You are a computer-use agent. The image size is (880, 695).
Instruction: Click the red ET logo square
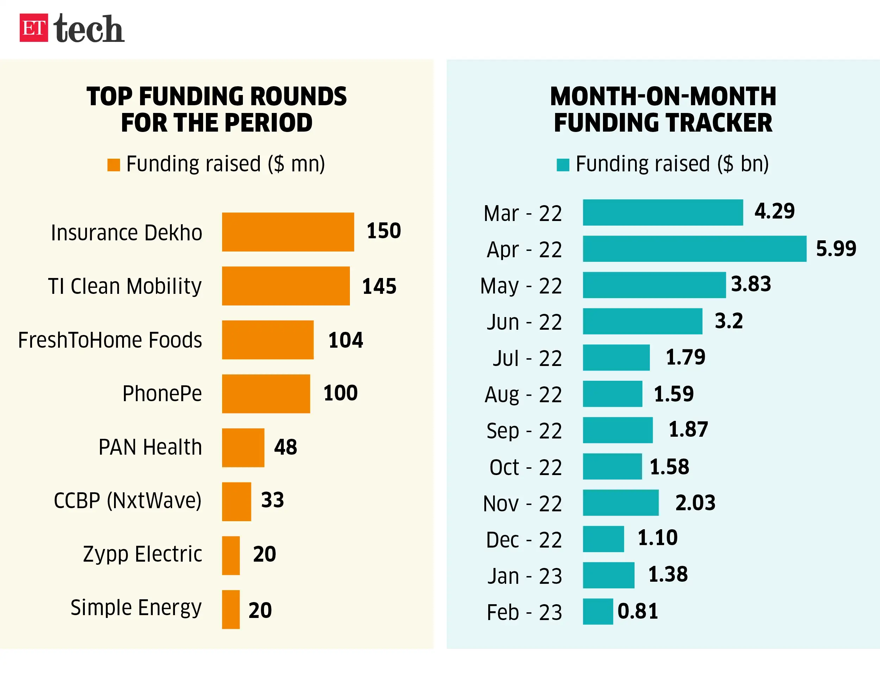34,28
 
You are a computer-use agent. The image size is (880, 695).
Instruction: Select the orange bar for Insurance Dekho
288,232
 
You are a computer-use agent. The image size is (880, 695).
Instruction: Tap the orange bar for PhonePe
266,393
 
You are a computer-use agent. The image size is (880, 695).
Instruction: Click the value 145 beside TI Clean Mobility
379,286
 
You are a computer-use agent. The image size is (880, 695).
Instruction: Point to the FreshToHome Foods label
110,340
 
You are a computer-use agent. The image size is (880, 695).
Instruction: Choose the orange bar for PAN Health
243,448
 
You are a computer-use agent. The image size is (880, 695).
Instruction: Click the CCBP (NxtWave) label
127,500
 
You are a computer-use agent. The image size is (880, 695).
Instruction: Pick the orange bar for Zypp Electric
231,555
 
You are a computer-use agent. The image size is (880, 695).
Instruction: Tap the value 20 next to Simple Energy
260,610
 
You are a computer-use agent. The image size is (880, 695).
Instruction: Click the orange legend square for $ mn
114,165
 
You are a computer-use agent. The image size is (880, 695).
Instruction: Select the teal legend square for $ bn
562,165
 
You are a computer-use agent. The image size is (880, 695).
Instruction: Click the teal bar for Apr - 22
694,249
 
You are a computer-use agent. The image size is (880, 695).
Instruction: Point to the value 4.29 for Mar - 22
774,211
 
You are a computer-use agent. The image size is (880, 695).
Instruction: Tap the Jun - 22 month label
524,322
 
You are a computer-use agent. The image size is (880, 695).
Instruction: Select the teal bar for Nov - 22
620,503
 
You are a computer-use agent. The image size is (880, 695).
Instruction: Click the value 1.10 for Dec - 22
657,538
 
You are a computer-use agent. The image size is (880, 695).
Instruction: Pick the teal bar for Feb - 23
598,611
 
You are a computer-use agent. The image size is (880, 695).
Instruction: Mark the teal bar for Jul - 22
616,357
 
